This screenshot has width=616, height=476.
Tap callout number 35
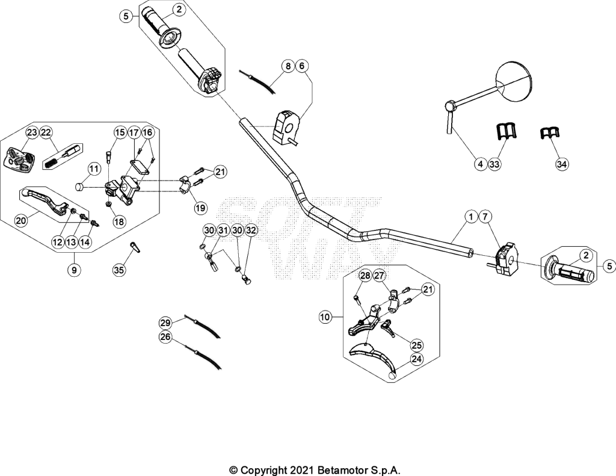(x=119, y=270)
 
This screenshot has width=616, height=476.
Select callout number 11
(x=93, y=170)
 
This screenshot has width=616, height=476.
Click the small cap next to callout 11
(x=80, y=187)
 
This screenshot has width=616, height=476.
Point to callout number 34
(x=562, y=164)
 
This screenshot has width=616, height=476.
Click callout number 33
(x=494, y=164)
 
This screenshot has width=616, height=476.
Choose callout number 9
(x=74, y=270)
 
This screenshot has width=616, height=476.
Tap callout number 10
(x=325, y=317)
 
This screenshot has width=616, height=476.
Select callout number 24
(x=417, y=359)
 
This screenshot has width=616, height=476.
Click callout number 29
(x=165, y=323)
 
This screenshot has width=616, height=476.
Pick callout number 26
(x=165, y=337)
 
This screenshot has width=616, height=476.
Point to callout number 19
(x=200, y=208)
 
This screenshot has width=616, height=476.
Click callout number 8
(x=288, y=66)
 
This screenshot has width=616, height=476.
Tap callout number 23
(x=32, y=132)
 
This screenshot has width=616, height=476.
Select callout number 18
(x=119, y=221)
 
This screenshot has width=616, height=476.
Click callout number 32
(x=251, y=230)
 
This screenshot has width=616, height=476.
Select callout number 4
(x=481, y=164)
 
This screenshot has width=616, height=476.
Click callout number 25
(x=417, y=345)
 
